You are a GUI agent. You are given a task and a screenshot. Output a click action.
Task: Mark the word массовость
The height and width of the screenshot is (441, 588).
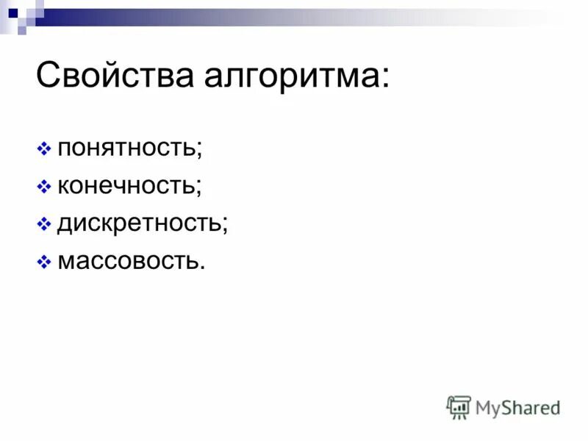(126, 260)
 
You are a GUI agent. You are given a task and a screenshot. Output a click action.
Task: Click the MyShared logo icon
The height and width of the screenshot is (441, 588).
(459, 407)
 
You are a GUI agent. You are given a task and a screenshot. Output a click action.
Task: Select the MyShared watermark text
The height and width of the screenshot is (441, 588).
(517, 407)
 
